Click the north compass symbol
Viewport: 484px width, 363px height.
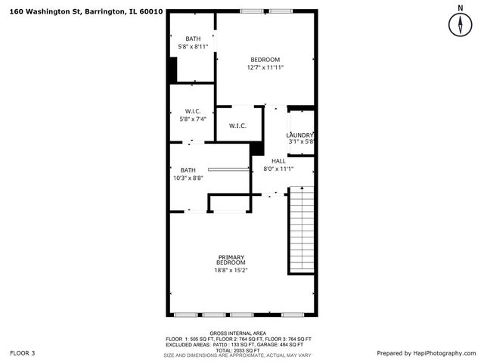tap(459, 23)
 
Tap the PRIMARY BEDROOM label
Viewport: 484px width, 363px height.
tap(232, 259)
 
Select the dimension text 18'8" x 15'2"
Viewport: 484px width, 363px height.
tap(232, 270)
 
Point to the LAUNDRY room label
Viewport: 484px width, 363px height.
tap(300, 135)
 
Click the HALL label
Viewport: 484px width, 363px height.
tap(278, 161)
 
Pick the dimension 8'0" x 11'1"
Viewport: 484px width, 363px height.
tap(278, 169)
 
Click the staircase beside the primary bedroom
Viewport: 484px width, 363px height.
tap(300, 231)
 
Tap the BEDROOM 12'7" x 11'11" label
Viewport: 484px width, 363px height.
tap(265, 60)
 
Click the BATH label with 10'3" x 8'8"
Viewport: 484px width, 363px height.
tap(188, 170)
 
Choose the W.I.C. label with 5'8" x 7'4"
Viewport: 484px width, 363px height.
tap(192, 111)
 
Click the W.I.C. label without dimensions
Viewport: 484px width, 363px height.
tap(237, 126)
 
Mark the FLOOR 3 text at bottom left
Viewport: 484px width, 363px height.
tap(22, 353)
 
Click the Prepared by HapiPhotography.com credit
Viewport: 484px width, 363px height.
tap(427, 353)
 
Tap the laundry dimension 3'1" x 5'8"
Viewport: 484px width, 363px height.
tap(300, 141)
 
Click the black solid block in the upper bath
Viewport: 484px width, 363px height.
tap(172, 70)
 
